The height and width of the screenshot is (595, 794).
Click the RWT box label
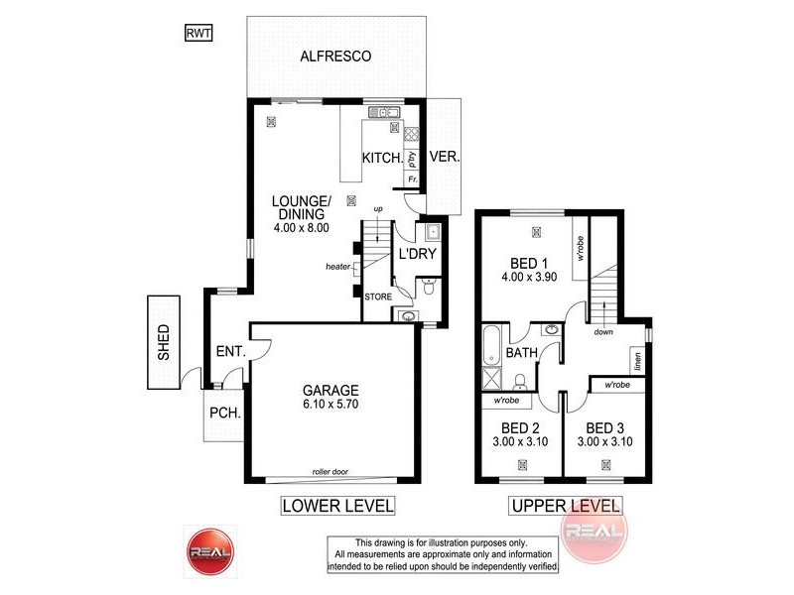[x=198, y=33]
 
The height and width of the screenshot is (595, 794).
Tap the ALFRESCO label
[x=335, y=57]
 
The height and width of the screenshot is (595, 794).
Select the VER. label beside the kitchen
[x=445, y=158]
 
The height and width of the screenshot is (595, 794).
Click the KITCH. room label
[x=382, y=159]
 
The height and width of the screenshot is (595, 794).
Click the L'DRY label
[x=417, y=254]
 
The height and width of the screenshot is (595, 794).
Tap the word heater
[x=338, y=267]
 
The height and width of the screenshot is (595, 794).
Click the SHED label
[x=164, y=342]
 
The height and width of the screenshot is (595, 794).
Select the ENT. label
[x=229, y=350]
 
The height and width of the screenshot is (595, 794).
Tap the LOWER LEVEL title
[x=338, y=506]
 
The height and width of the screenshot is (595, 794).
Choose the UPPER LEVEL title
[x=565, y=506]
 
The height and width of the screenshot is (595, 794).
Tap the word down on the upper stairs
[x=603, y=332]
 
